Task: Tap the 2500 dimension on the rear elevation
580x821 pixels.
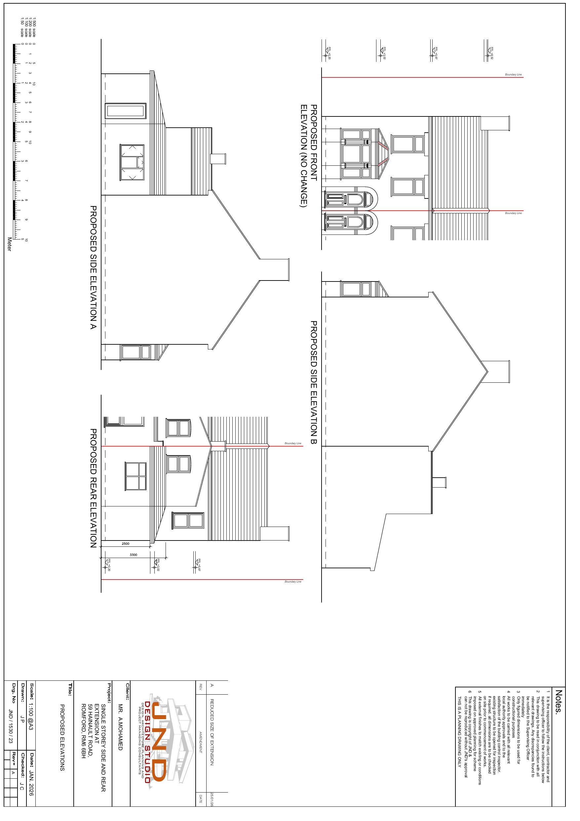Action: tap(126, 543)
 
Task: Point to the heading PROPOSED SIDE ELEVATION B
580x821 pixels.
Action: tap(313, 383)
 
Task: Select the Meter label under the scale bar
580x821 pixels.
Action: tap(9, 244)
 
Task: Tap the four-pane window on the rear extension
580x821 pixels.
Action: tap(135, 476)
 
